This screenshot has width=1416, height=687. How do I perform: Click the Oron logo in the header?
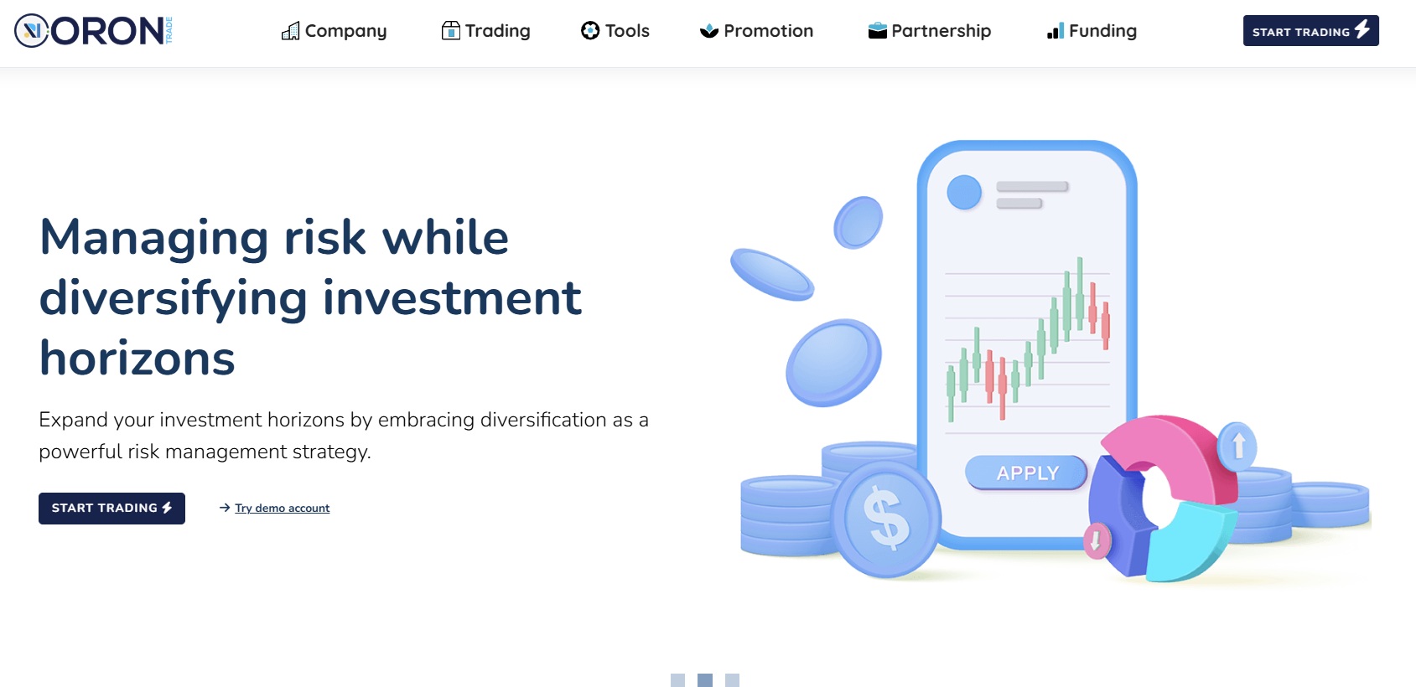pos(93,31)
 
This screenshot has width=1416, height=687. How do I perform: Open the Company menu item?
pos(335,31)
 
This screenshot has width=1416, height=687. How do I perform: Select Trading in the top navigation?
pos(486,31)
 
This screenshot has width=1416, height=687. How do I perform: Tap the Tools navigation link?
pos(615,31)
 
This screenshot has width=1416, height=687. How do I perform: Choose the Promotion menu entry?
pos(757,31)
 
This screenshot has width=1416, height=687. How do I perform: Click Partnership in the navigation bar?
pos(930,31)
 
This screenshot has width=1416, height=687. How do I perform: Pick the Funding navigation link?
pos(1092,31)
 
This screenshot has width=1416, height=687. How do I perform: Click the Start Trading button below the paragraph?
pos(112,509)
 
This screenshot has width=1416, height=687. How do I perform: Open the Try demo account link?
pos(282,508)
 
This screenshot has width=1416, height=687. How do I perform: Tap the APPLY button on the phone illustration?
pos(1027,473)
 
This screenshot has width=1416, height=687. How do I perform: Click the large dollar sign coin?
pos(886,519)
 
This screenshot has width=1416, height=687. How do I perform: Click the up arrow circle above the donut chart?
pos(1238,445)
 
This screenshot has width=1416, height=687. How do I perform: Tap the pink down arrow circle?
pos(1095,540)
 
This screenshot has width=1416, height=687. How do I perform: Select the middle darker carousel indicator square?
pos(705,680)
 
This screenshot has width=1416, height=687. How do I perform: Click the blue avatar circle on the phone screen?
pos(964,193)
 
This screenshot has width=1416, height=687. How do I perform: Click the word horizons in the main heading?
pos(137,359)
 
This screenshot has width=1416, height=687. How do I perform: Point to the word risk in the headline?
pos(325,238)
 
